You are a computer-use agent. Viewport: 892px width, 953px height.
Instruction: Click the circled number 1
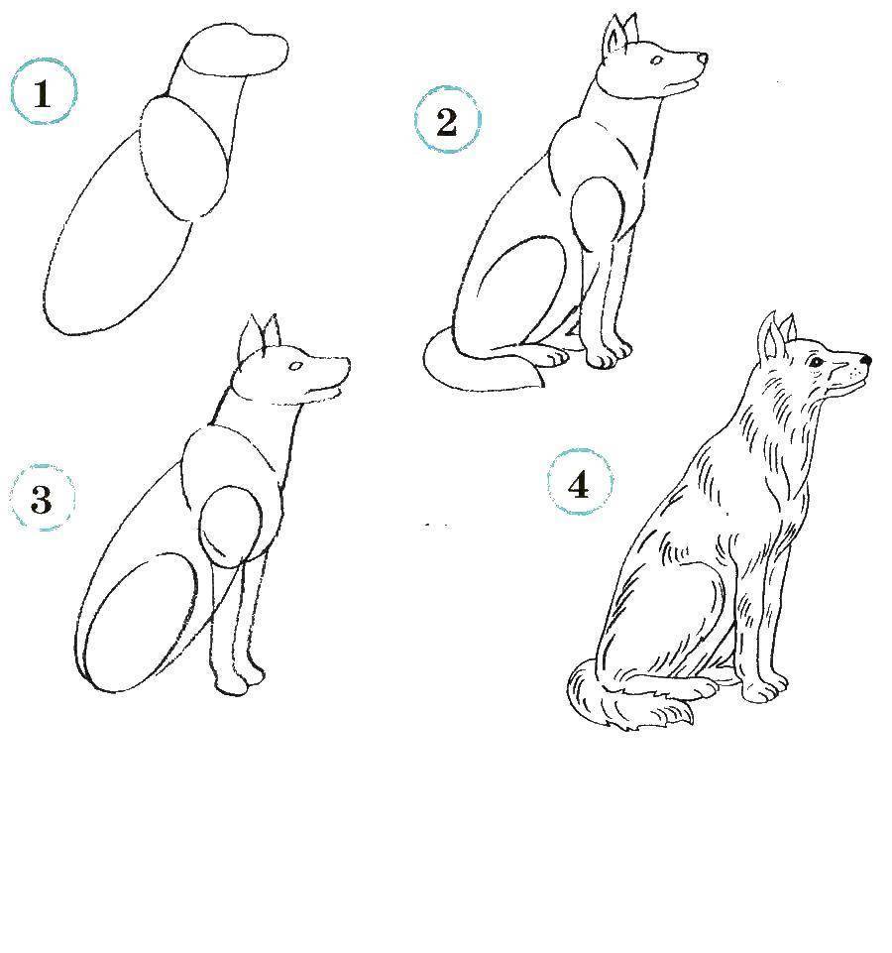pyautogui.click(x=44, y=92)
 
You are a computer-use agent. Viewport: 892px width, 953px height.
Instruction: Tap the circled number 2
pyautogui.click(x=447, y=120)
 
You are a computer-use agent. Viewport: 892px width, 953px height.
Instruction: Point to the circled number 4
pyautogui.click(x=580, y=483)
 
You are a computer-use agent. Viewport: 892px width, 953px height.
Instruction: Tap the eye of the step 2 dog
pyautogui.click(x=657, y=60)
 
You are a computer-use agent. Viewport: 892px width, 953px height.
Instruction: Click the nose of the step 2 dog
pyautogui.click(x=703, y=59)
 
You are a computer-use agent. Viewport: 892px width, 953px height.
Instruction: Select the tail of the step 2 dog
pyautogui.click(x=480, y=364)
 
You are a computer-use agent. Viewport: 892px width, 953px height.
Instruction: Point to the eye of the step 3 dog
pyautogui.click(x=296, y=366)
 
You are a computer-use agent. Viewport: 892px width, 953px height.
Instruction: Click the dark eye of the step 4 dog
pyautogui.click(x=816, y=363)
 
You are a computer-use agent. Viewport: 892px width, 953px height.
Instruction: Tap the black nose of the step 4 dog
pyautogui.click(x=866, y=360)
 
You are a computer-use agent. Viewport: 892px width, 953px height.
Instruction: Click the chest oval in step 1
pyautogui.click(x=184, y=157)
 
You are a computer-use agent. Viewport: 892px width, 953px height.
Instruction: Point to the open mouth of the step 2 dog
pyautogui.click(x=684, y=84)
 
